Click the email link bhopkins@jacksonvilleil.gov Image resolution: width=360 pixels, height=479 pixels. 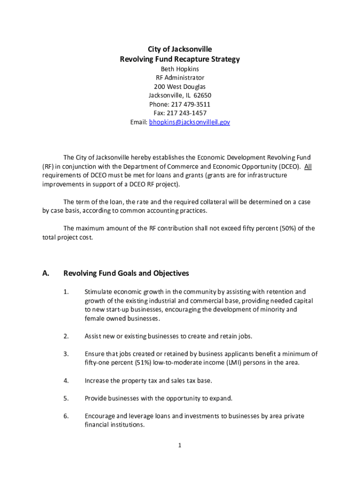tap(189, 122)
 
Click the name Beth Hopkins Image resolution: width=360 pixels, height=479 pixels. tap(180, 69)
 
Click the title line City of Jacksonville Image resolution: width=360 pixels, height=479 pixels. tap(180, 49)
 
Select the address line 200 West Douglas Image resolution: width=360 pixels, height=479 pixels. tap(180, 87)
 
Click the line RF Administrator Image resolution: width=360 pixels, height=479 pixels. tap(180, 78)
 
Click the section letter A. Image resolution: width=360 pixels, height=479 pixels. tap(46, 273)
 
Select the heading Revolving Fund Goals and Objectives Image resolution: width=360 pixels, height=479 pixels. tap(126, 273)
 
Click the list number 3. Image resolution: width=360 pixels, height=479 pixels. tap(66, 354)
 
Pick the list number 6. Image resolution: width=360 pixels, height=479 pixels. tap(66, 416)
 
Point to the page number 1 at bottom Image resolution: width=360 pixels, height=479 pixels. tap(180, 445)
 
